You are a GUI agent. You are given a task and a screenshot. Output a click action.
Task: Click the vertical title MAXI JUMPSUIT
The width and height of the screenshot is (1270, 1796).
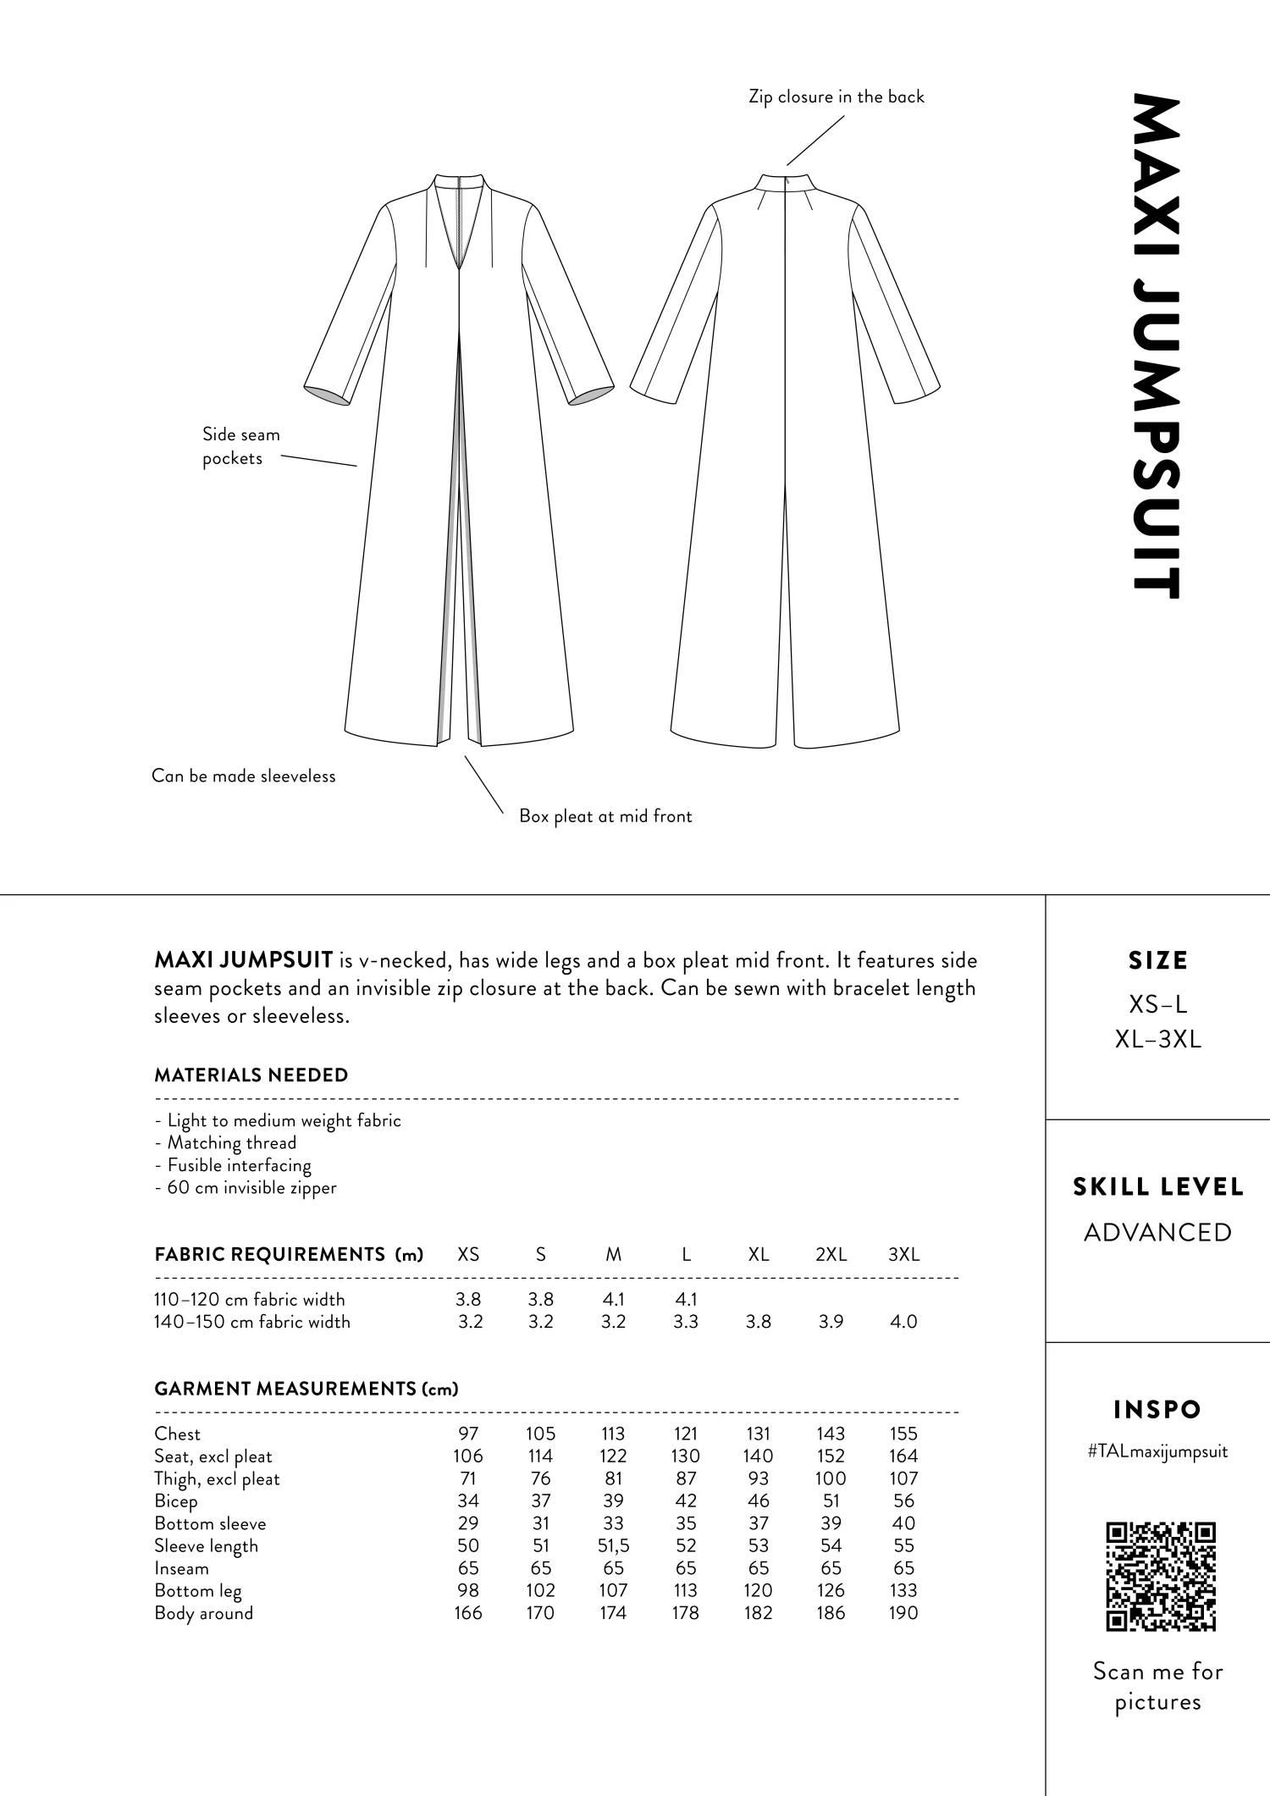pos(1157,347)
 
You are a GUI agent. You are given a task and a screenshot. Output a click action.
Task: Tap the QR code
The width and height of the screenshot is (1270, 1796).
pos(1161,1577)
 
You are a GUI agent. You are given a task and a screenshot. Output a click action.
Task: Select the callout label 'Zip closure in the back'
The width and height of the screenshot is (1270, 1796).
pos(837,97)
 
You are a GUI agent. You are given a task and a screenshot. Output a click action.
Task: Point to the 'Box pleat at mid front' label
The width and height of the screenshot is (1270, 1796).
pos(605,816)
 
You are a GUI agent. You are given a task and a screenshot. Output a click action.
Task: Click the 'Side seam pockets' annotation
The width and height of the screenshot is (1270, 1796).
pos(240,446)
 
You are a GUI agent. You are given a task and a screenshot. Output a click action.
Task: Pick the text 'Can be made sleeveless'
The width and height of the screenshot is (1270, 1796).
pos(244,776)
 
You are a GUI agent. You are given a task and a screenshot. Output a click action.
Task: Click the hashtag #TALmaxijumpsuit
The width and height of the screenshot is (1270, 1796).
pos(1157,1451)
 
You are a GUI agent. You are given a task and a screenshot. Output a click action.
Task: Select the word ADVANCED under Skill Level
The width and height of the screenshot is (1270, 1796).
pos(1157,1232)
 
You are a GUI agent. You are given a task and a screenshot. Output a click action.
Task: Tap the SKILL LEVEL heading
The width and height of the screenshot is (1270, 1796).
pos(1157,1187)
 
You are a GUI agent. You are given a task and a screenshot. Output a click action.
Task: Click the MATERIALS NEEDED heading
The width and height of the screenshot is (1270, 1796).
pos(251,1075)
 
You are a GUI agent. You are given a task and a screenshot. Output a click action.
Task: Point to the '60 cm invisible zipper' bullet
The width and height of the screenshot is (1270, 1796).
pos(246,1188)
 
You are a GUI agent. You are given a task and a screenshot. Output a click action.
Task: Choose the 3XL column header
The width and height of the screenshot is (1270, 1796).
pos(903,1255)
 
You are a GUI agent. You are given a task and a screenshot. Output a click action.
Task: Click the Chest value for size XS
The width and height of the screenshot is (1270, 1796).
pos(468,1434)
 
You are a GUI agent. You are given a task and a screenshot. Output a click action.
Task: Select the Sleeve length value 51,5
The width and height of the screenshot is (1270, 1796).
pos(613,1546)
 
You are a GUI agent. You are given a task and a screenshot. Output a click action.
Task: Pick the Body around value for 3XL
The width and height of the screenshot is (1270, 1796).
pos(903,1613)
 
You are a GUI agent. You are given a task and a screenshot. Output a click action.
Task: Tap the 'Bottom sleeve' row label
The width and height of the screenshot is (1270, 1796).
pos(210,1523)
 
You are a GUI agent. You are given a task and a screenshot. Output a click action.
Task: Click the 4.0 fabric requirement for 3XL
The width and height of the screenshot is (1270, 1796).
pos(903,1322)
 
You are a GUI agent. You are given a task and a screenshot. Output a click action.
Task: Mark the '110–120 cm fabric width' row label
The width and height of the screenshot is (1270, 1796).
pos(250,1300)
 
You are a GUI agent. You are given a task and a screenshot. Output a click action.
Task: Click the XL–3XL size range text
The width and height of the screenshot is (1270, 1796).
pos(1157,1040)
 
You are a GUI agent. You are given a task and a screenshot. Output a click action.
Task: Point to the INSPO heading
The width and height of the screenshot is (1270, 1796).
pos(1157,1410)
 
